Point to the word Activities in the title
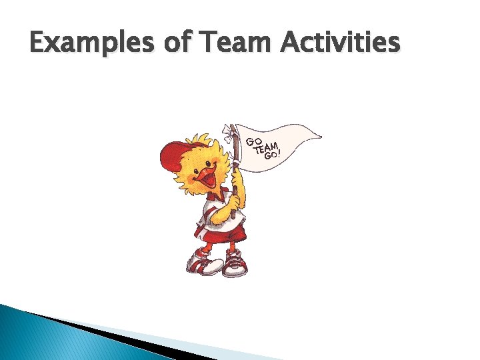pyautogui.click(x=340, y=45)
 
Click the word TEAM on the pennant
pyautogui.click(x=266, y=148)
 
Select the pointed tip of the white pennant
pyautogui.click(x=320, y=137)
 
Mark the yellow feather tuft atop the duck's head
pyautogui.click(x=200, y=141)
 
